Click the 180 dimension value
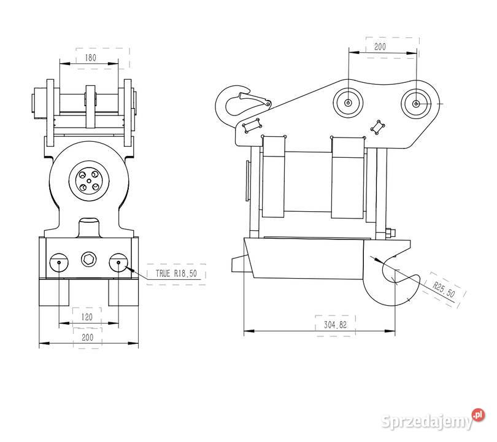(90, 57)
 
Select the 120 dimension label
(87, 317)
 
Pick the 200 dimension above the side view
(380, 47)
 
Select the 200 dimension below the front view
(87, 337)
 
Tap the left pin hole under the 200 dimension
(348, 103)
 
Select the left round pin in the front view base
(59, 262)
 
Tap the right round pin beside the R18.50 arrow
(118, 262)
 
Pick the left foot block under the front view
(52, 292)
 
